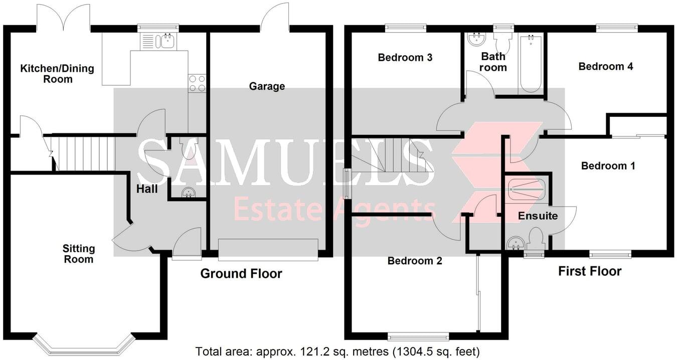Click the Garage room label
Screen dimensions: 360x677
coord(267,86)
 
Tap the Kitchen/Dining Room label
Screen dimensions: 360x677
coord(57,74)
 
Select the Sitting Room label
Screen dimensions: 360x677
coord(78,254)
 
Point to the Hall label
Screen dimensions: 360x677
coord(147,189)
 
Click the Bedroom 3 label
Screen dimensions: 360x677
coord(405,58)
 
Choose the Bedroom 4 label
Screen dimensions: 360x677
coord(605,66)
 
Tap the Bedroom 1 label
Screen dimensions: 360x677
coord(608,166)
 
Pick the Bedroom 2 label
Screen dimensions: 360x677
coord(415,261)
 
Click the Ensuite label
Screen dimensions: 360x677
coord(538,216)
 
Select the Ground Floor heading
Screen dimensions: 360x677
coord(241,274)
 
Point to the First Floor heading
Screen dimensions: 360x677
coord(590,271)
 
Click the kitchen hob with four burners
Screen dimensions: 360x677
coord(197,83)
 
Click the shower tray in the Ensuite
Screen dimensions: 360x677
coord(525,190)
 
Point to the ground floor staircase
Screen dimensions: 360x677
coord(84,153)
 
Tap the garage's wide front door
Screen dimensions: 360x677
coord(268,250)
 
